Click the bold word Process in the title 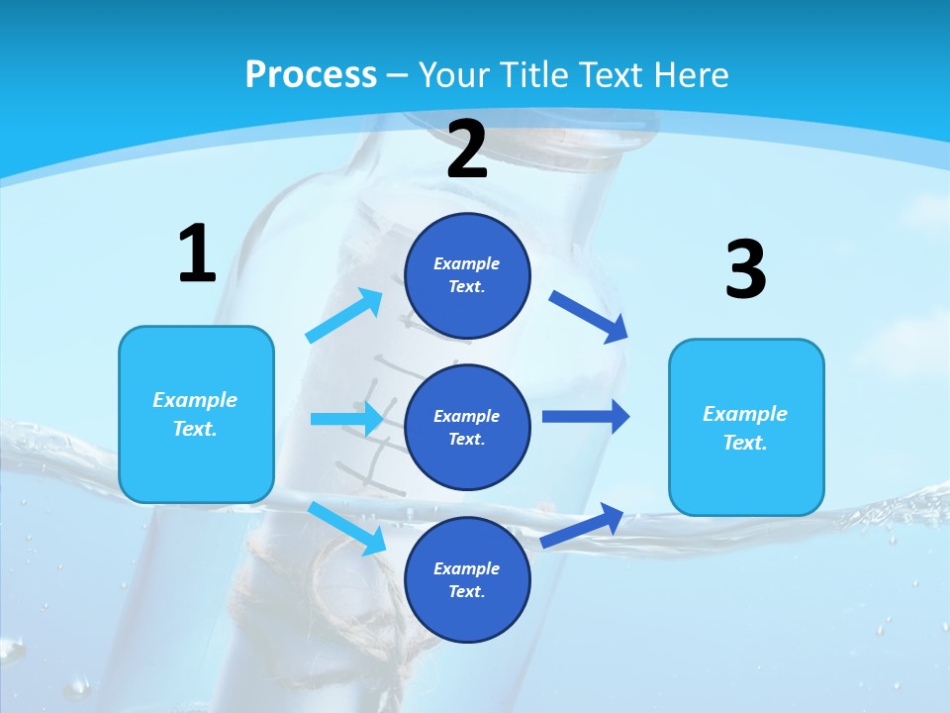pos(311,75)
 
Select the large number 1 pos(197,255)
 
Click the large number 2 pos(467,150)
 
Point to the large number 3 pos(745,270)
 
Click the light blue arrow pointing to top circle pos(343,316)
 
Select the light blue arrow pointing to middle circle pos(346,418)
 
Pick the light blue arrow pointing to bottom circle pos(346,527)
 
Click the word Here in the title pos(693,75)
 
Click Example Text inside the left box pos(195,414)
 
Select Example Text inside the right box pos(745,428)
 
